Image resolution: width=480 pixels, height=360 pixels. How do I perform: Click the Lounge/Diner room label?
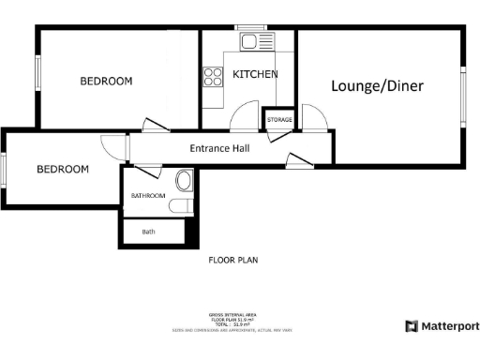[377, 86]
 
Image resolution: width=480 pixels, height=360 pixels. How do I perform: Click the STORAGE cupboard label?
[279, 121]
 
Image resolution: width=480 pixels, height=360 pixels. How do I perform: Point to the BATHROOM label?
[148, 196]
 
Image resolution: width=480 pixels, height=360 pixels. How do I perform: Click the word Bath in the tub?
[148, 232]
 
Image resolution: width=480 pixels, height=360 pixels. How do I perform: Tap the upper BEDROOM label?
[106, 82]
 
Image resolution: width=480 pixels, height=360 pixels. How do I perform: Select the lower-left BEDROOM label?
[63, 170]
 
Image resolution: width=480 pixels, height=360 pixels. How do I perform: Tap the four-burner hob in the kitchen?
[211, 77]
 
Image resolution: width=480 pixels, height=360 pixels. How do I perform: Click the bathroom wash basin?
[183, 180]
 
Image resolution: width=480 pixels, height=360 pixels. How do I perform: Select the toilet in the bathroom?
[184, 205]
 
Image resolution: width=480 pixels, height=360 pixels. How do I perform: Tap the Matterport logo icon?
[412, 326]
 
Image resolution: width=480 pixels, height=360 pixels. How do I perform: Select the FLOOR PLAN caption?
[232, 261]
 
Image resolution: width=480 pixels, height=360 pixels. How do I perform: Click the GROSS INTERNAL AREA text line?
[232, 314]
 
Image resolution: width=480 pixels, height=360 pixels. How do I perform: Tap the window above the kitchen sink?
[249, 27]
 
